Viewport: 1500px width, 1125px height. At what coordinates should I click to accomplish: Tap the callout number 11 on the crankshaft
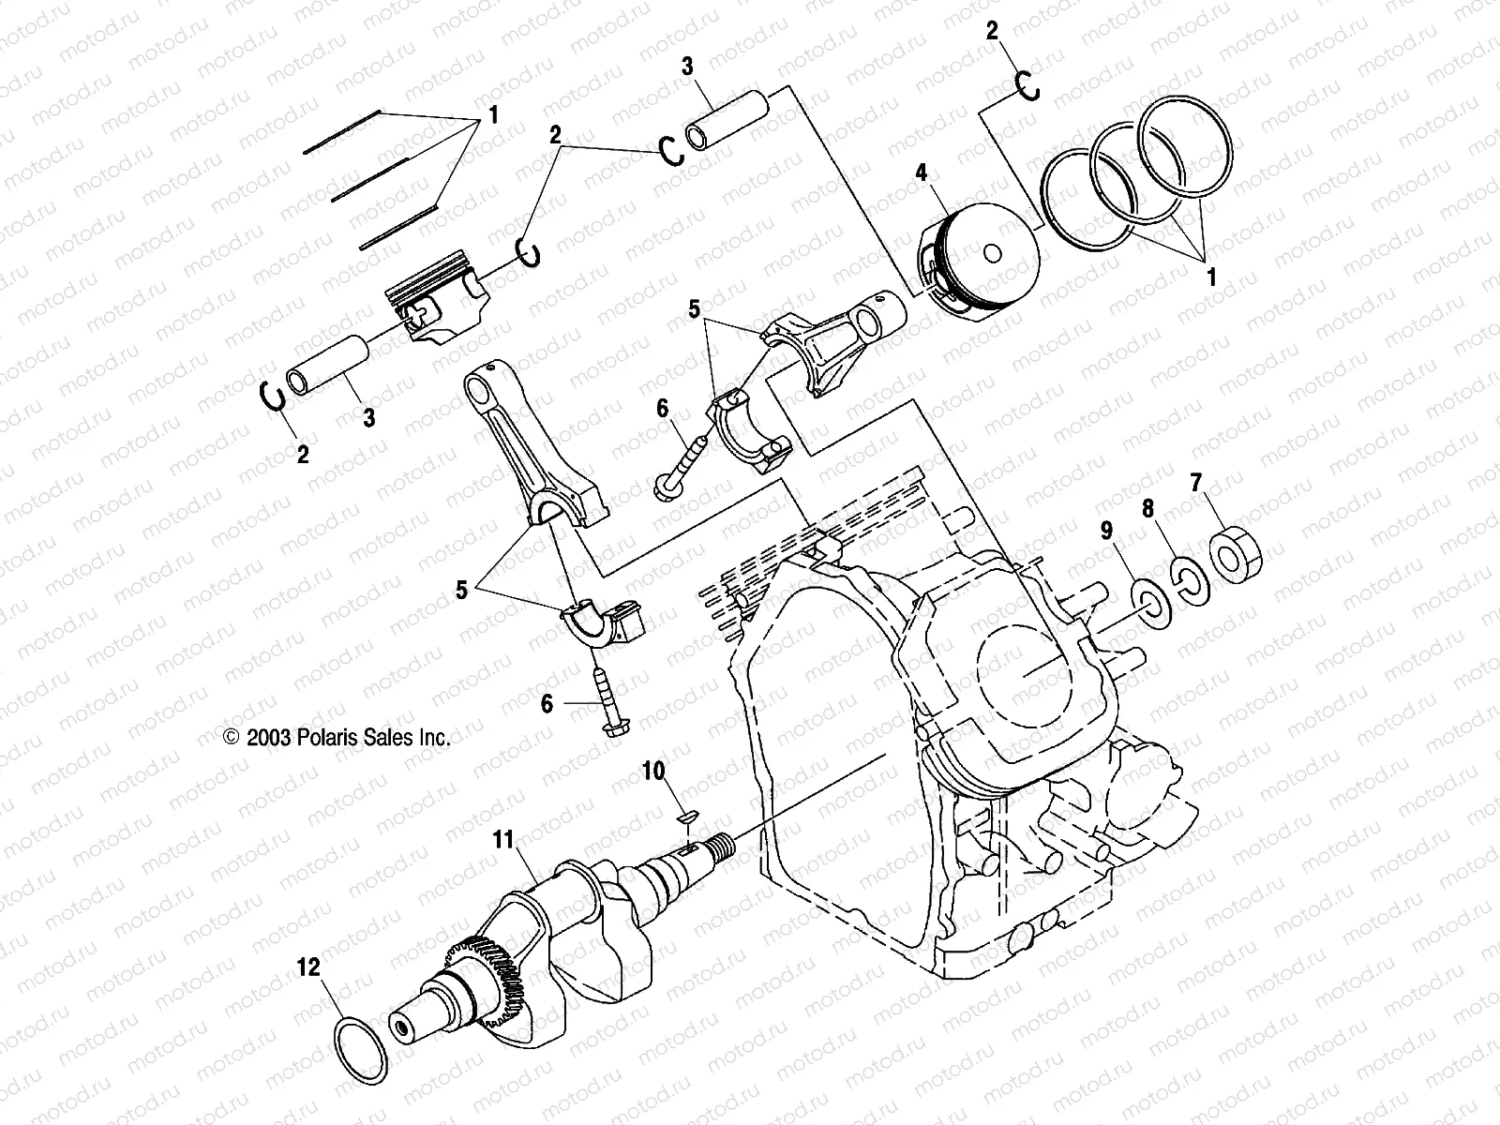tap(504, 841)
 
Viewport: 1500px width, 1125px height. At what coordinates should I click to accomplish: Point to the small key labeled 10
tap(685, 816)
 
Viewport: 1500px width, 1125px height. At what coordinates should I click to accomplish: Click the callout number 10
tap(652, 771)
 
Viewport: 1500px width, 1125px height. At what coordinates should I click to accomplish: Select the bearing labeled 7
tap(1236, 554)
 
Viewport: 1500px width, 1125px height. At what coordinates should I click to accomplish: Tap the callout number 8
tap(1147, 509)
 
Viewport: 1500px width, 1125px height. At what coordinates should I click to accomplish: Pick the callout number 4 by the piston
tap(922, 172)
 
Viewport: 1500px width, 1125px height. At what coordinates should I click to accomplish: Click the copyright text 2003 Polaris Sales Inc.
tap(337, 738)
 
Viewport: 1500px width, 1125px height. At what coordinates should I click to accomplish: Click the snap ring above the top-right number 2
tap(1028, 86)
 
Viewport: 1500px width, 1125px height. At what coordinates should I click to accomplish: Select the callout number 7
tap(1195, 484)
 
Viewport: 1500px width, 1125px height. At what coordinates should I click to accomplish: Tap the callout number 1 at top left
tap(491, 116)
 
